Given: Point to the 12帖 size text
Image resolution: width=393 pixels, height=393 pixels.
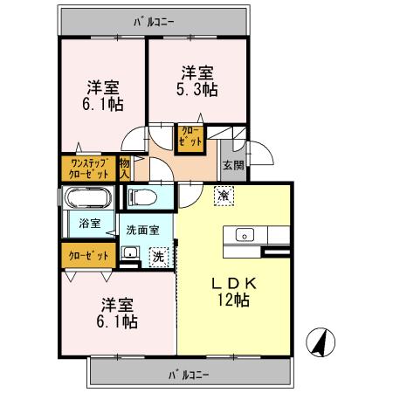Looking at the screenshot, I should click(232, 300).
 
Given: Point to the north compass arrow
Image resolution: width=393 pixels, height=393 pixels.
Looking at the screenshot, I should click(321, 341).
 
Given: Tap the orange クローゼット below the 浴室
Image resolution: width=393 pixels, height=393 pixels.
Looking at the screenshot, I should click(89, 256).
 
